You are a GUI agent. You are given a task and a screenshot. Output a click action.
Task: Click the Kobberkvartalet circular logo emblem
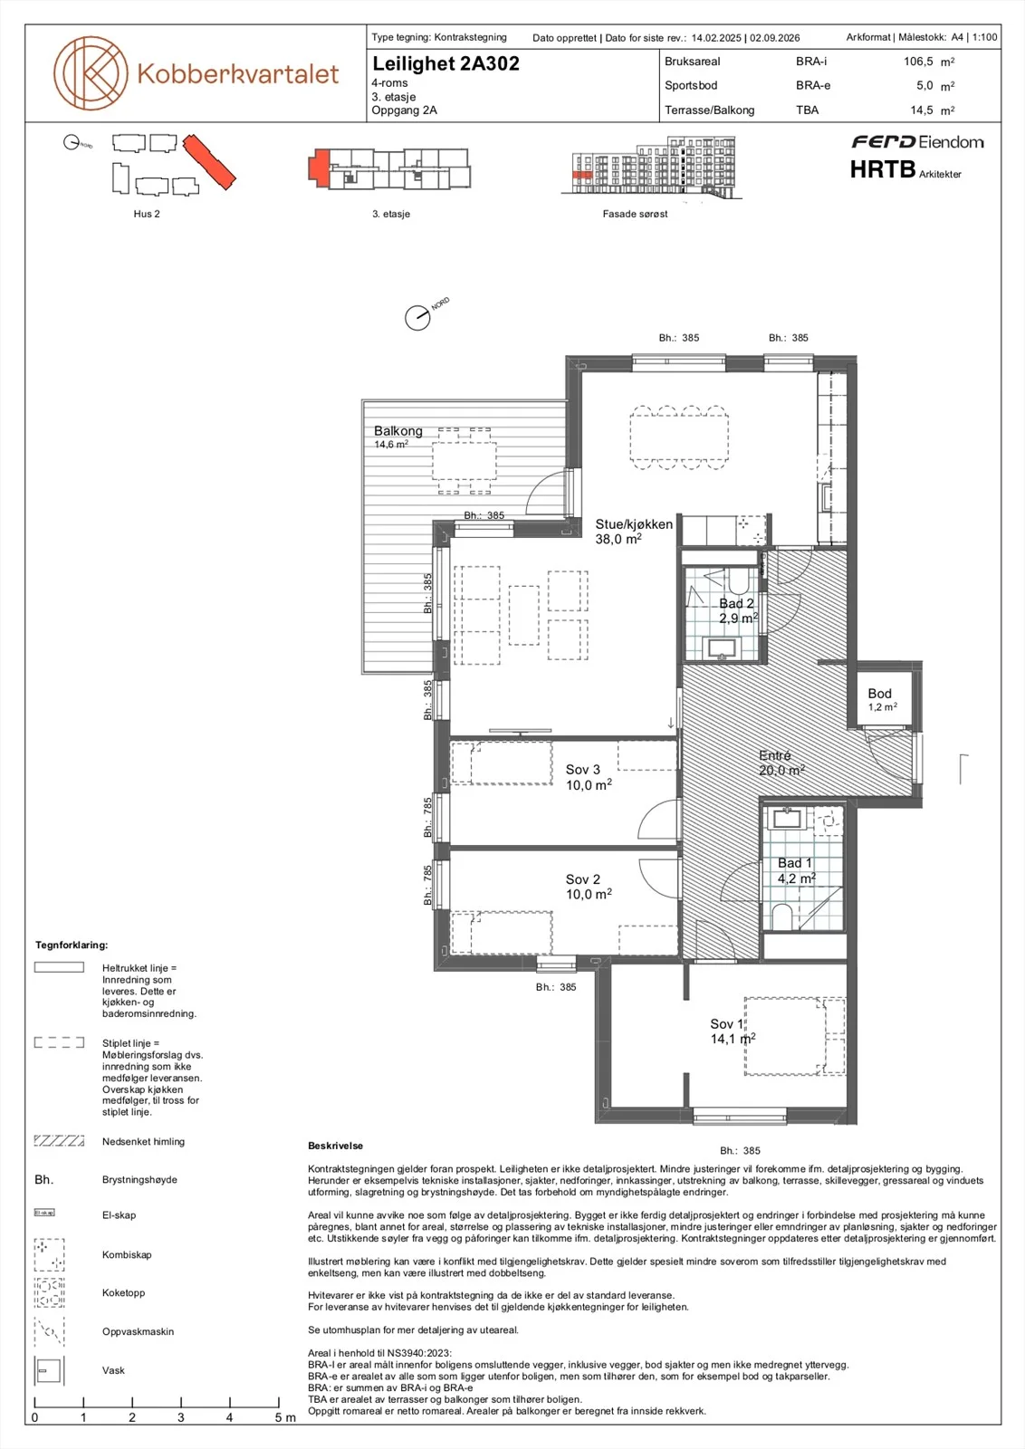[x=91, y=72]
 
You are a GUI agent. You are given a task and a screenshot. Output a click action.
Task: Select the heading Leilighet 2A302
[x=445, y=63]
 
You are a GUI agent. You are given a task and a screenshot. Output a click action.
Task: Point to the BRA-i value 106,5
[x=918, y=62]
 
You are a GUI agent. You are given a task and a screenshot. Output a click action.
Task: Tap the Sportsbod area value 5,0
[x=924, y=85]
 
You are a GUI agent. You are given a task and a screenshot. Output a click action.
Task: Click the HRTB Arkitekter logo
[x=905, y=169]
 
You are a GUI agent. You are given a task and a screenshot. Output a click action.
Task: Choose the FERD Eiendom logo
[x=917, y=141]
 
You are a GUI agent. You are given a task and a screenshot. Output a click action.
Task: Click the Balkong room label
[x=398, y=431]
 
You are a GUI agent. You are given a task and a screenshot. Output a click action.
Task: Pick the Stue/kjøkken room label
[x=634, y=524]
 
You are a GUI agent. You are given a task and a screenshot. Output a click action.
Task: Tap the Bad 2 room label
[x=736, y=603]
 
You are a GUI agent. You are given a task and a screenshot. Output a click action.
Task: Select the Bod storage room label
[x=879, y=694]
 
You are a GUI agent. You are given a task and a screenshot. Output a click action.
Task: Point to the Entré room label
[x=775, y=755]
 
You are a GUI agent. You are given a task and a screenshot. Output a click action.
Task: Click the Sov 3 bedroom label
[x=582, y=770]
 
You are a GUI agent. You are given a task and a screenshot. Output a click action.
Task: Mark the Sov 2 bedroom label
[x=582, y=879]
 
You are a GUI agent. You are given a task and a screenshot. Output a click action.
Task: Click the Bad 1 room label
[x=794, y=863]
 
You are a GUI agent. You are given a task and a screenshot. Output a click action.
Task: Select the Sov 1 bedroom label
[x=726, y=1024]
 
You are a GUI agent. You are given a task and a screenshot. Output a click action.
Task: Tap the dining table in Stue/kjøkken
[x=679, y=437]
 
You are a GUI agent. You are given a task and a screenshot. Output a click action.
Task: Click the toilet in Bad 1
[x=781, y=916]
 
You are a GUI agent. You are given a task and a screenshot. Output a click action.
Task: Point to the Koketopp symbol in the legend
[x=49, y=1292]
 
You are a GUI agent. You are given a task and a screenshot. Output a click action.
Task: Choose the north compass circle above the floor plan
[x=417, y=318]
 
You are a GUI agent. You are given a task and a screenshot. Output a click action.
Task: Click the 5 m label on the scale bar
[x=284, y=1417]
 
